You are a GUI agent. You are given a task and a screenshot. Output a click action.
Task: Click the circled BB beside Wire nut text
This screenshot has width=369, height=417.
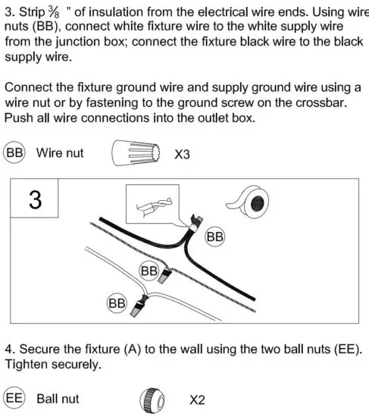tap(15, 153)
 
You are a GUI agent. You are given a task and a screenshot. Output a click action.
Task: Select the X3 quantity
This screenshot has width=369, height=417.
tap(182, 155)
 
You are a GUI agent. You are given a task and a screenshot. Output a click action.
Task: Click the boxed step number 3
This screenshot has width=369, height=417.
tap(35, 200)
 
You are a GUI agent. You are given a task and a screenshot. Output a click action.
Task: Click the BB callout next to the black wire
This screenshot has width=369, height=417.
tap(216, 237)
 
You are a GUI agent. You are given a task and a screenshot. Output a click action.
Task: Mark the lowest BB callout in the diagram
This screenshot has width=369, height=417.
tap(116, 303)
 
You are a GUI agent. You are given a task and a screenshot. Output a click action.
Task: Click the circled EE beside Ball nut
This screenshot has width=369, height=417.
tap(15, 398)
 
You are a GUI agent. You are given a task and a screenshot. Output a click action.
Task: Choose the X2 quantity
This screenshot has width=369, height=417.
tap(197, 400)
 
